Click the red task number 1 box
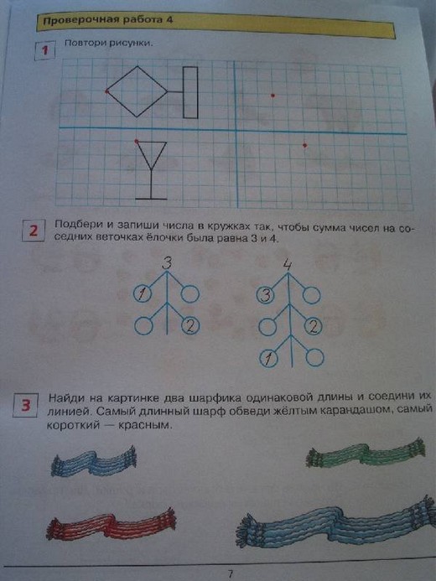(x=44, y=50)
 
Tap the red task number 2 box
(x=34, y=231)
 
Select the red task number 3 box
(x=25, y=405)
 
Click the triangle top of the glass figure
(x=151, y=143)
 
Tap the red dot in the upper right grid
(x=272, y=96)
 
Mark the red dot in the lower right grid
(x=304, y=145)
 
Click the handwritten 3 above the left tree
(x=168, y=263)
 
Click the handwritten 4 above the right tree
(x=287, y=264)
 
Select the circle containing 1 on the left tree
(x=143, y=293)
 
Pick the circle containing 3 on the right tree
(x=266, y=296)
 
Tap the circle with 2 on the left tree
(x=190, y=326)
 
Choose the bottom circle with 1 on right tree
(x=268, y=358)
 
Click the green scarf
(x=365, y=454)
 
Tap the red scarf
(x=112, y=523)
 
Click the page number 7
(x=231, y=574)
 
